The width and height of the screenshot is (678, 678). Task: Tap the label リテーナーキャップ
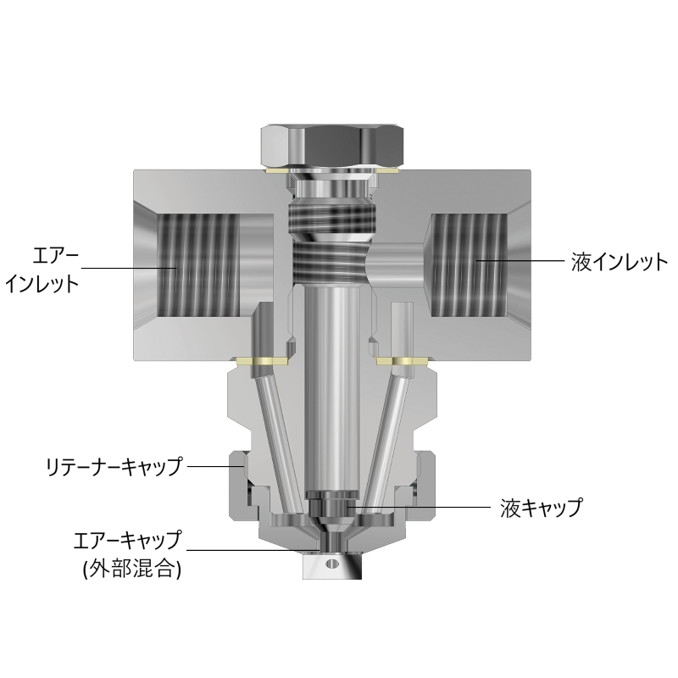(114, 465)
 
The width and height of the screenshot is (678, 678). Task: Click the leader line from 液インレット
(517, 259)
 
